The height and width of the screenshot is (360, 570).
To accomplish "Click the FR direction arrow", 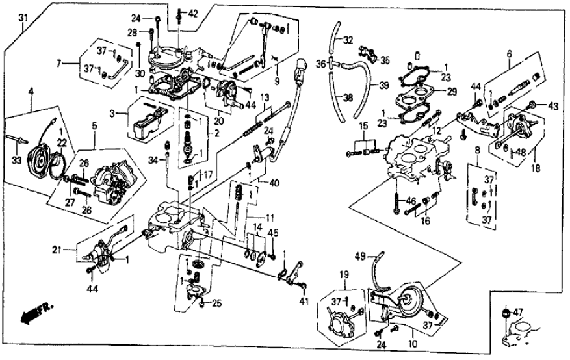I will click(34, 316).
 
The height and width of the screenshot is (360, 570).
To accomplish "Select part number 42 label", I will click(192, 13).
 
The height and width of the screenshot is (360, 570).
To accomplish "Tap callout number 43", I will click(554, 106).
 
